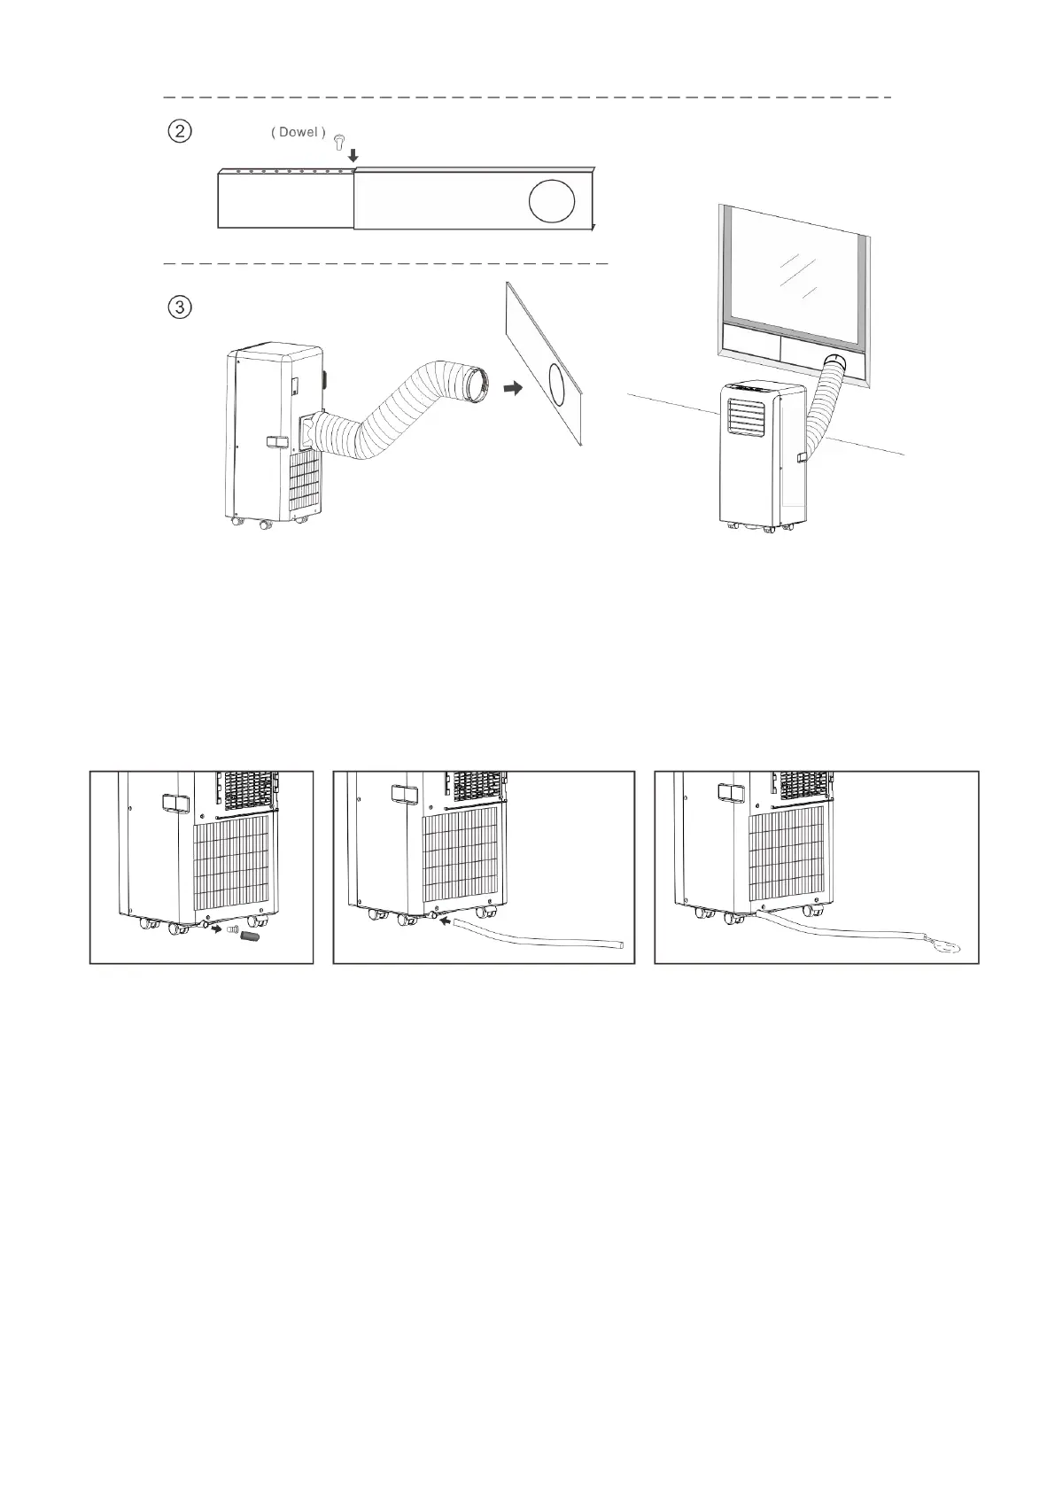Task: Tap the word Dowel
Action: [298, 132]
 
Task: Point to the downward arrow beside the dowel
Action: [353, 155]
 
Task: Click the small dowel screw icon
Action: [339, 140]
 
